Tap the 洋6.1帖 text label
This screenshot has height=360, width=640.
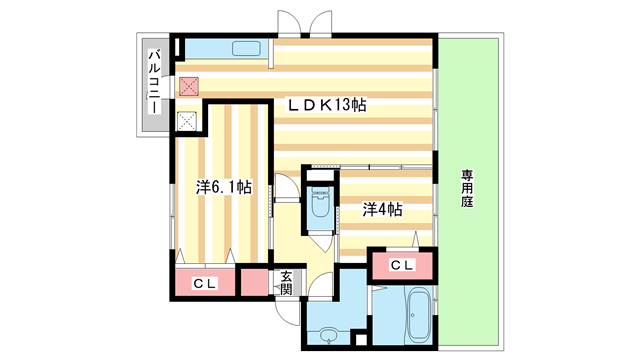tap(222, 187)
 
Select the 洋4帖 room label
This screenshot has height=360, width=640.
tap(382, 209)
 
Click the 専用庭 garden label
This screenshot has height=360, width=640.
tap(466, 187)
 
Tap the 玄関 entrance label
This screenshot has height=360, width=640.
tap(285, 282)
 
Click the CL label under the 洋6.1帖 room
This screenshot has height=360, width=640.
tap(204, 283)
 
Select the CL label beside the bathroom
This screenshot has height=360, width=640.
tap(401, 265)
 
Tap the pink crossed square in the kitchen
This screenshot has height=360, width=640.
tap(188, 87)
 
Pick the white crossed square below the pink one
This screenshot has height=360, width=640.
tap(187, 122)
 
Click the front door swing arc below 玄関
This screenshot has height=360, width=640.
tap(290, 312)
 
